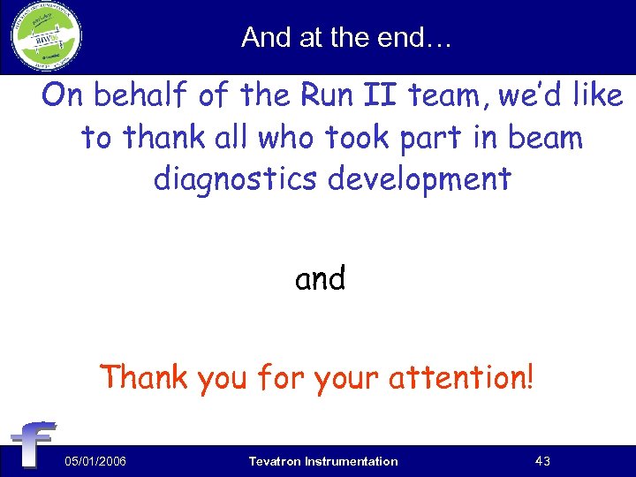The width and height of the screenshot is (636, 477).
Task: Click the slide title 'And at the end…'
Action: coord(345,37)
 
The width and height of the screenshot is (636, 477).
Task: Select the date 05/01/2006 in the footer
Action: coord(95,461)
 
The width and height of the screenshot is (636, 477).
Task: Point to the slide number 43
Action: coord(544,461)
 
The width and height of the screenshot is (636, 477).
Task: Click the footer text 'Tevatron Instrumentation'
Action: coord(323,461)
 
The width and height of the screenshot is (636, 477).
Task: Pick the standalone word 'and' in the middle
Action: coord(320,279)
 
